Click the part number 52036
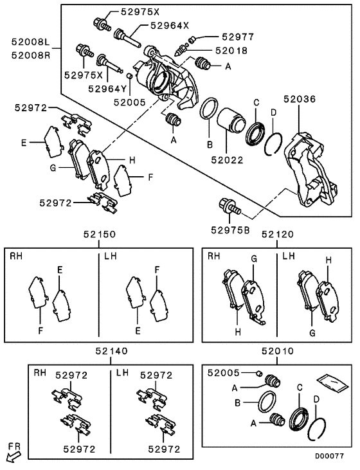tap(300, 100)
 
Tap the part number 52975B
tap(231, 229)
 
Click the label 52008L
tap(30, 42)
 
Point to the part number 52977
tap(239, 38)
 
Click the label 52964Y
tap(109, 89)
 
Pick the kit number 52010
tap(277, 352)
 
